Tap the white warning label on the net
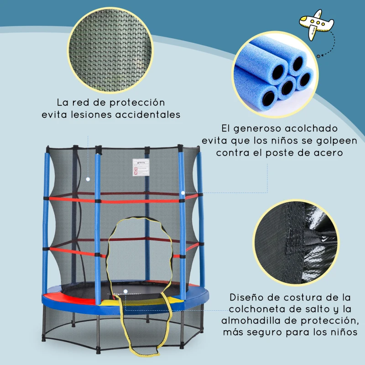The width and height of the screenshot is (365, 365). [x=142, y=167]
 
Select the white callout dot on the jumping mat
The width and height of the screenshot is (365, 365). [x=125, y=291]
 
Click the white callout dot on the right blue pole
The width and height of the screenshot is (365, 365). [x=182, y=193]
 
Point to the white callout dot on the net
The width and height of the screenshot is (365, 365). [x=87, y=179]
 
